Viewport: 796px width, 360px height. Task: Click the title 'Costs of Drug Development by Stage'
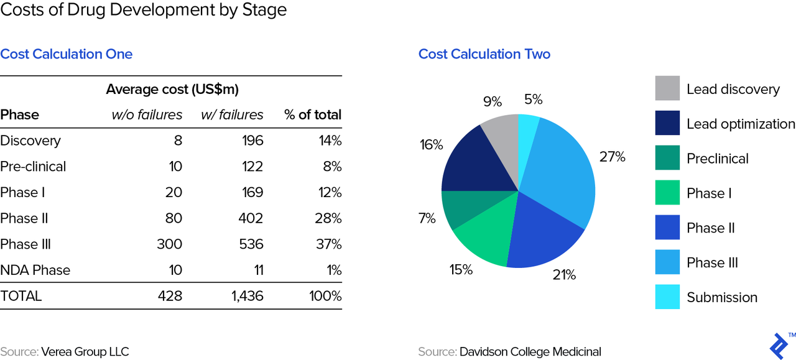tap(144, 11)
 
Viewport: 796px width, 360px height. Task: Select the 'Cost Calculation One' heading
tap(67, 54)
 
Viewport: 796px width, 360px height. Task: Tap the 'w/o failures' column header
tap(147, 115)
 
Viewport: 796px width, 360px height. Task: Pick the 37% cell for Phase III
tap(328, 244)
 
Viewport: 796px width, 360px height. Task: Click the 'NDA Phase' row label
tap(35, 270)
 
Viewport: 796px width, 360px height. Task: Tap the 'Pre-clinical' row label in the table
tap(33, 167)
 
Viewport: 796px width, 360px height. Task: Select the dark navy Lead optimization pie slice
tap(473, 163)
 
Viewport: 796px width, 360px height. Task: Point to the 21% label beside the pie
tap(564, 274)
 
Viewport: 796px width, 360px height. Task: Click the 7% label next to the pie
tap(427, 218)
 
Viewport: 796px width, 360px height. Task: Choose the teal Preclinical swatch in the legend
tap(667, 158)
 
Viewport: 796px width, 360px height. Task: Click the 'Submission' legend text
tap(721, 297)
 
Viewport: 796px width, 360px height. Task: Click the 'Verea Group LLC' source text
tap(85, 351)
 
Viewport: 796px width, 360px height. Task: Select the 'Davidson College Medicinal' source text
tap(530, 351)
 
